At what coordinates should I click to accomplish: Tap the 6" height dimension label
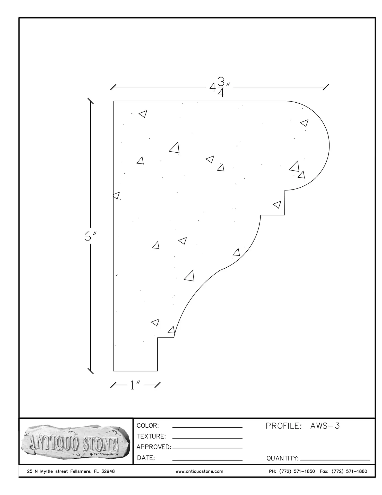click(90, 236)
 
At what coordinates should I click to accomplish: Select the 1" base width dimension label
click(135, 385)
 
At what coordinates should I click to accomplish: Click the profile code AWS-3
click(325, 426)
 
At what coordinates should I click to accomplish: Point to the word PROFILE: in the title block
click(283, 426)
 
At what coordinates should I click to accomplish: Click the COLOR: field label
click(148, 425)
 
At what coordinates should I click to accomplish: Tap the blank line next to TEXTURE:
click(207, 438)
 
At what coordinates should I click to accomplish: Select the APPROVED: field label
click(154, 447)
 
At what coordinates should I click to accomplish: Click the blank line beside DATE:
click(207, 460)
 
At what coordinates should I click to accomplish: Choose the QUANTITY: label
click(282, 458)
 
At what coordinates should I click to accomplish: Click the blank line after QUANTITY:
click(335, 460)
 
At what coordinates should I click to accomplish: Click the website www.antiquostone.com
click(199, 471)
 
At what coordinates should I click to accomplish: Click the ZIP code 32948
click(108, 471)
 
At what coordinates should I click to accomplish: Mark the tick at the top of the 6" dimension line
click(90, 101)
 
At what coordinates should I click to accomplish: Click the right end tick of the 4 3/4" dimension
click(326, 87)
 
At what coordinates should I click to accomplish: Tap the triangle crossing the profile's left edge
click(116, 195)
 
